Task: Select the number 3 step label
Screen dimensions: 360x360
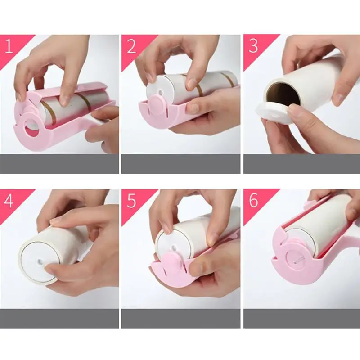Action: (x=253, y=46)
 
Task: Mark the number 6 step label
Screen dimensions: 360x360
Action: (x=253, y=201)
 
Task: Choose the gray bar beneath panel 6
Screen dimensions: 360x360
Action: (x=301, y=318)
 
